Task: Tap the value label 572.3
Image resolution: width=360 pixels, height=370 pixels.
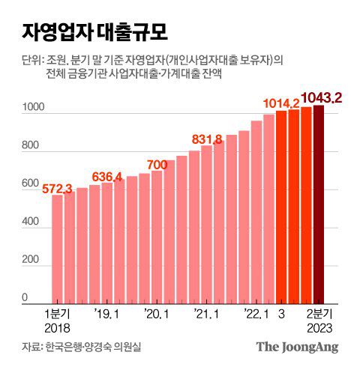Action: [57, 188]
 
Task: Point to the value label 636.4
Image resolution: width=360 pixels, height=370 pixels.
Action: [107, 176]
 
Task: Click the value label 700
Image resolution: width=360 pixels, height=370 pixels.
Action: [157, 164]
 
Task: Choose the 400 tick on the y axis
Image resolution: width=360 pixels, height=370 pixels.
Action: [33, 222]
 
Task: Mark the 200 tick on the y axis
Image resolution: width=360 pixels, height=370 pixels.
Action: [33, 260]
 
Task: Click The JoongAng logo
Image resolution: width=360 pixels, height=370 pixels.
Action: [297, 347]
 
